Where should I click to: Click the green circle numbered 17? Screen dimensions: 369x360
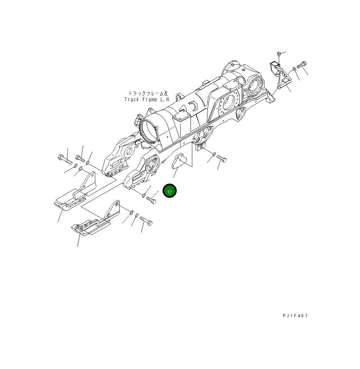tap(169, 191)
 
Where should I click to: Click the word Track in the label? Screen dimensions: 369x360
tap(132, 99)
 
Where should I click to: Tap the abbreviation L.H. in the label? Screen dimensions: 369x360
tap(165, 99)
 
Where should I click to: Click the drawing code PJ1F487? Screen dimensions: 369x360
tap(294, 315)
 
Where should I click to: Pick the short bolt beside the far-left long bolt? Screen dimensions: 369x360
tap(80, 158)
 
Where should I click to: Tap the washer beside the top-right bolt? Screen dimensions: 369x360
tap(293, 69)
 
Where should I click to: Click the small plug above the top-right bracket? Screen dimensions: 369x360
tap(279, 54)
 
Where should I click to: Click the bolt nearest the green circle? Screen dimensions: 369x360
tap(151, 200)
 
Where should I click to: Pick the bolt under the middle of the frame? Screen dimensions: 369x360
tap(221, 159)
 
